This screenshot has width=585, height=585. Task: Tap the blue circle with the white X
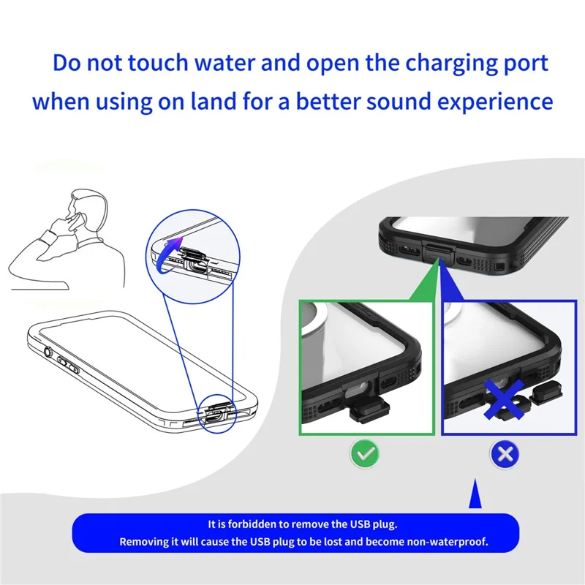tap(503, 454)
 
